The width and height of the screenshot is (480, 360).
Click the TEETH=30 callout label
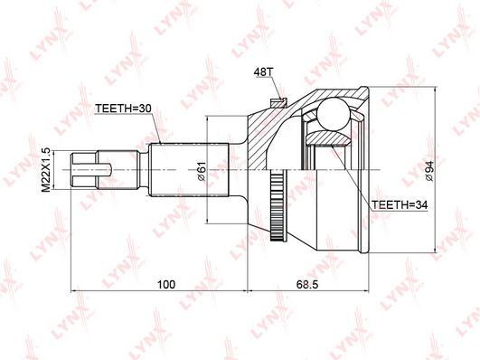(123, 109)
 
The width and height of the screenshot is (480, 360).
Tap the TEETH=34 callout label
(400, 204)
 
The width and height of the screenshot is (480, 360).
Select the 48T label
(263, 71)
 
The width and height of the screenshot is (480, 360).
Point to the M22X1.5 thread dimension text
(45, 170)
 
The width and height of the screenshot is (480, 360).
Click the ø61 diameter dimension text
(202, 170)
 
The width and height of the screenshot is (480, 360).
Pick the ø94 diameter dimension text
(429, 171)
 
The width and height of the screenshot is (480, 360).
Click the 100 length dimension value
(166, 284)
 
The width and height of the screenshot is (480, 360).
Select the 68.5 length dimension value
(307, 284)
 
